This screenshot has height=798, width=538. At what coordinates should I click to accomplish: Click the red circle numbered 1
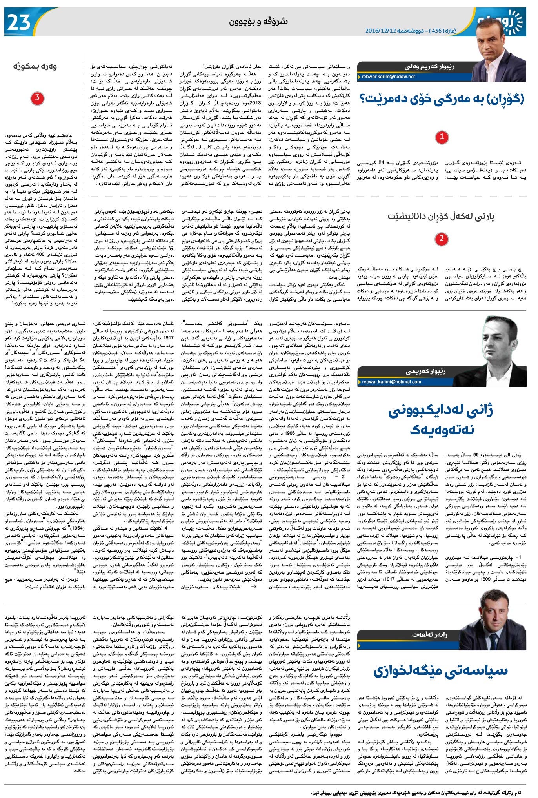click(x=442, y=137)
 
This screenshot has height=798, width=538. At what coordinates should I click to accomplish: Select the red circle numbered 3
click(x=37, y=98)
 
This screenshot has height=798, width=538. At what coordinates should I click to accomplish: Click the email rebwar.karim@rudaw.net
click(x=388, y=77)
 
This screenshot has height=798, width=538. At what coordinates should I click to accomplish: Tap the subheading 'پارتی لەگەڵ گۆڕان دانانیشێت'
click(x=441, y=216)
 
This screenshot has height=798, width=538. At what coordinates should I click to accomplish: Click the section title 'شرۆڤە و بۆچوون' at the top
click(x=258, y=22)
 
